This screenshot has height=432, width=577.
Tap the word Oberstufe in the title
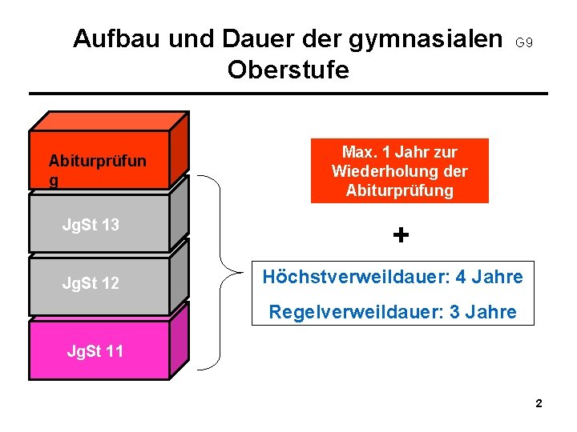[x=288, y=70]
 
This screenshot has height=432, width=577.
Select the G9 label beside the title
[x=524, y=42]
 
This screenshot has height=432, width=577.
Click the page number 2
[x=539, y=404]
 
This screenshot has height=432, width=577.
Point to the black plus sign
[x=401, y=235]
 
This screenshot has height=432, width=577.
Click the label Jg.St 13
[x=91, y=225]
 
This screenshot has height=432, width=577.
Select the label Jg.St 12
[x=91, y=282]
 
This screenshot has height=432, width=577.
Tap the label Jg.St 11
[x=95, y=350]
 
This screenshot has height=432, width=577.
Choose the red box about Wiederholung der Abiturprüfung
[x=399, y=171]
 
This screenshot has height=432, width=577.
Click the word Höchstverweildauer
[x=357, y=278]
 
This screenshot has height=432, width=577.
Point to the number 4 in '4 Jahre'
[x=461, y=278]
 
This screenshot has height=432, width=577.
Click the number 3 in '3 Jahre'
[x=455, y=312]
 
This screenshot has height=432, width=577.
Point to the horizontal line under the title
[x=288, y=94]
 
